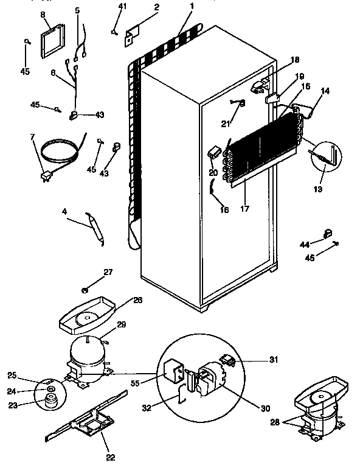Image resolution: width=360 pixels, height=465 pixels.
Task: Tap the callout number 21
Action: (226, 124)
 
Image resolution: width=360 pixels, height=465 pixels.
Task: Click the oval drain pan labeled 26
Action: (85, 316)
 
